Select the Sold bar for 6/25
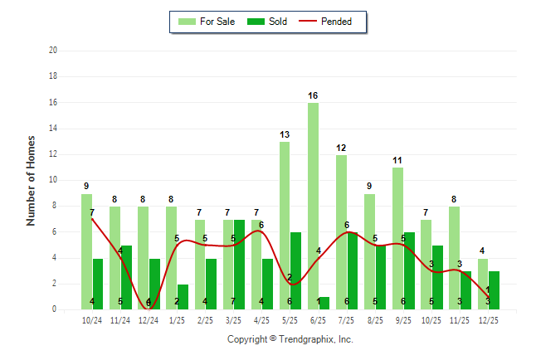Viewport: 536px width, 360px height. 324,304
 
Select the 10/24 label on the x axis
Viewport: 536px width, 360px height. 92,319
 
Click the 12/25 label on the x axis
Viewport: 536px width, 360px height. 489,319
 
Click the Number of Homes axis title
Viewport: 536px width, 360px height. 32,180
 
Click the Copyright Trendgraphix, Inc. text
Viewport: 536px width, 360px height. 290,339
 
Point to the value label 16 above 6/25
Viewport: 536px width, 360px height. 313,95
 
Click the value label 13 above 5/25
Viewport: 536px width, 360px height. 285,134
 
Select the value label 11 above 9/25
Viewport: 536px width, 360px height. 397,160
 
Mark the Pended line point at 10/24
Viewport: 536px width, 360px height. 92,219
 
